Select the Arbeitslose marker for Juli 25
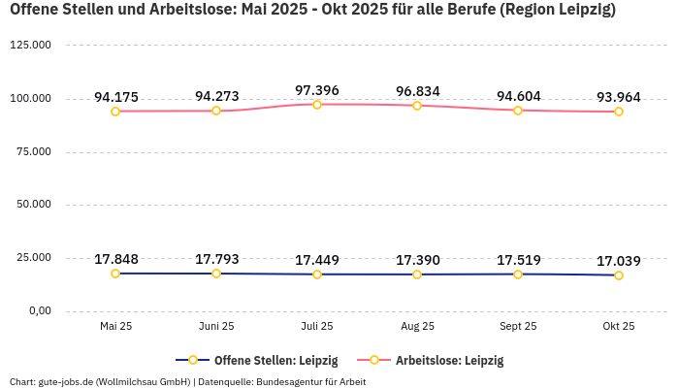[317, 104]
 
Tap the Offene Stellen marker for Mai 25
[115, 274]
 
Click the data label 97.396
[317, 90]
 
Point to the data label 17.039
[619, 261]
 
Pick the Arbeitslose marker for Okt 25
[619, 112]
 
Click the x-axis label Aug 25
[417, 327]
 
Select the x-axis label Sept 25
[518, 327]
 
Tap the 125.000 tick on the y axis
[31, 46]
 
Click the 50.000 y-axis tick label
[34, 205]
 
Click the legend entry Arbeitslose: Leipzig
[431, 360]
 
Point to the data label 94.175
[115, 97]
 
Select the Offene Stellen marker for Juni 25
[216, 274]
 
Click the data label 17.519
[518, 260]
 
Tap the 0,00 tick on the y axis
[40, 310]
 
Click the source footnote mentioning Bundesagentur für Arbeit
[187, 381]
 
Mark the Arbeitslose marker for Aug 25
[417, 105]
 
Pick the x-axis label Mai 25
[115, 327]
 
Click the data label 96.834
[417, 91]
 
